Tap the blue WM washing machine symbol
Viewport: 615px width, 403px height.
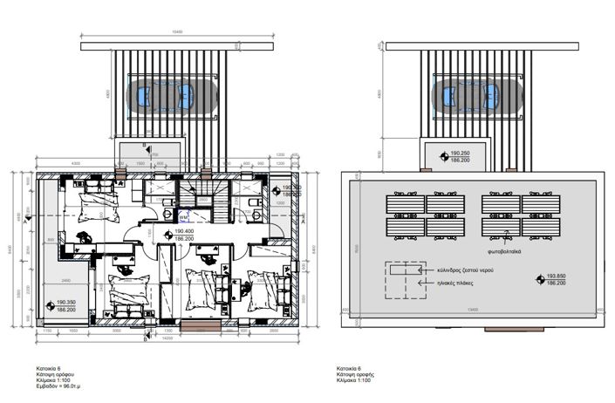click(x=183, y=209)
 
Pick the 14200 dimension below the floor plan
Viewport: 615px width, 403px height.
click(x=166, y=338)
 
